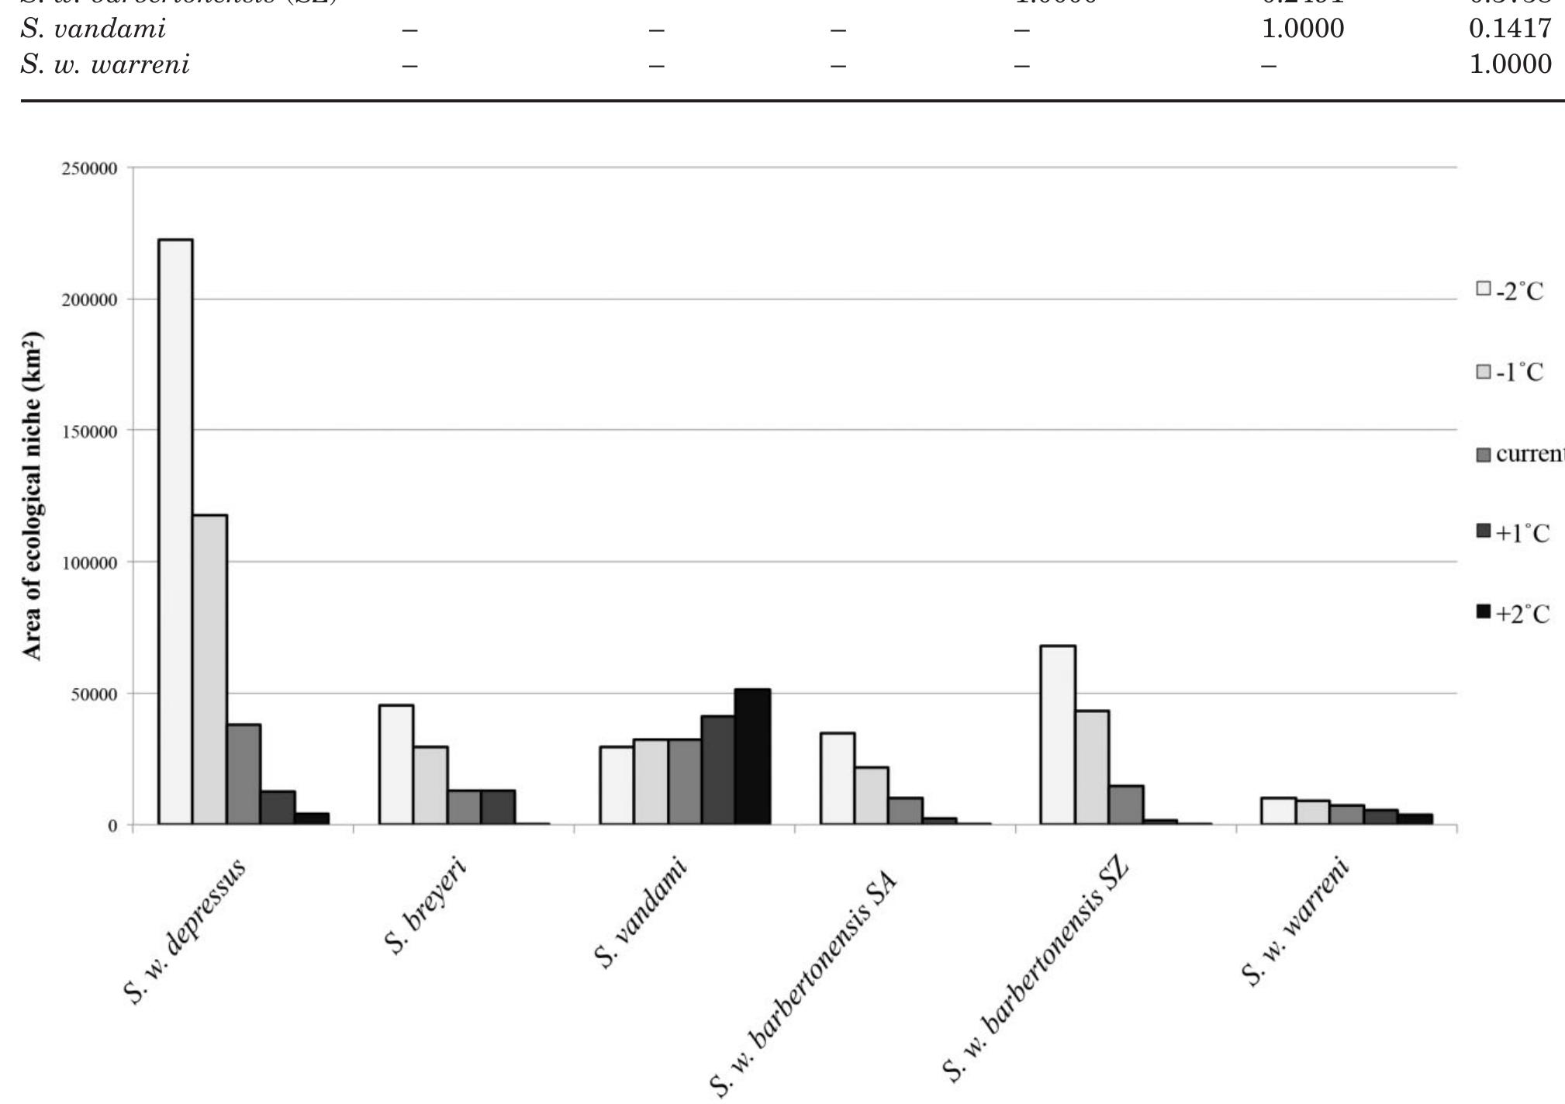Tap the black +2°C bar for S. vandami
click(x=752, y=756)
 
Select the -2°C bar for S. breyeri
click(x=396, y=763)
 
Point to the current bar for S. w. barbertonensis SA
click(x=905, y=810)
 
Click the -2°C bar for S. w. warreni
click(x=1278, y=810)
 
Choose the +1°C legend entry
click(x=1512, y=534)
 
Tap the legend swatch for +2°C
click(x=1484, y=613)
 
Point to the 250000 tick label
click(x=89, y=169)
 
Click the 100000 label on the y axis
click(x=89, y=562)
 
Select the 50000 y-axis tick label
click(x=93, y=694)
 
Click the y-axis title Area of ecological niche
click(x=32, y=497)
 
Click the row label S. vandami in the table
click(x=93, y=29)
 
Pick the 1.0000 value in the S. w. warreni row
click(x=1509, y=64)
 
